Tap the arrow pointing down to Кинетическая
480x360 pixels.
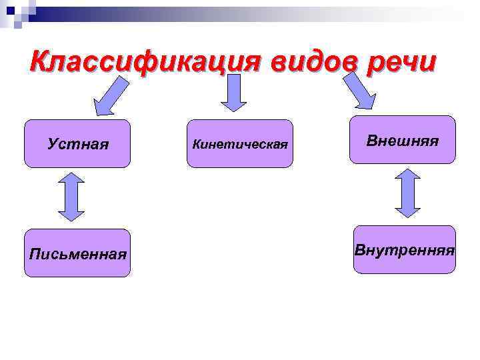[233, 93]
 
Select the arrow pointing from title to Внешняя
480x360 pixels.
[360, 91]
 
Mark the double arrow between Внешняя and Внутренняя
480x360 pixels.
[407, 193]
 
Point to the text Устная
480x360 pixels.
[78, 144]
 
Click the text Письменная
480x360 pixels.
[77, 254]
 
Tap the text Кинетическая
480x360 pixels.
[240, 144]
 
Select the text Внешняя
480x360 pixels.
[402, 141]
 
